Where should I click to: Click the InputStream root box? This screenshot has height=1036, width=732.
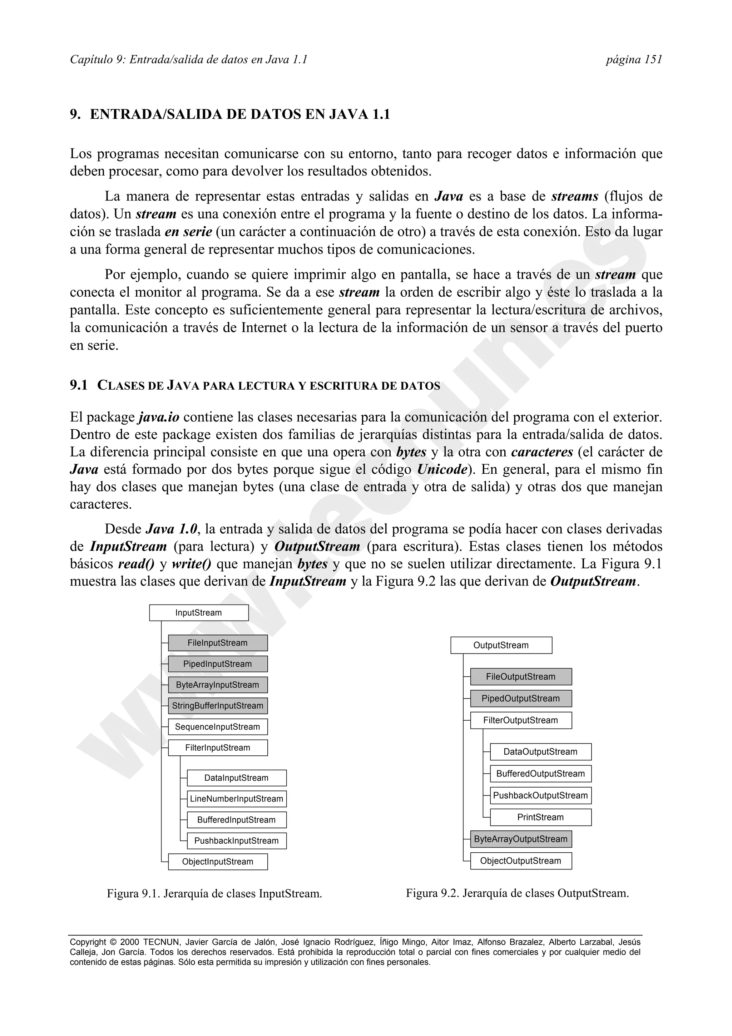tap(199, 613)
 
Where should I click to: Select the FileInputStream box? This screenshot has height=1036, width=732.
tap(218, 643)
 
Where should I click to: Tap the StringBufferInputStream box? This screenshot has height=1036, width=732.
tap(218, 706)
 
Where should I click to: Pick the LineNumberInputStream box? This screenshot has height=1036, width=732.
tap(237, 799)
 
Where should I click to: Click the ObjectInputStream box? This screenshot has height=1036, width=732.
tap(218, 862)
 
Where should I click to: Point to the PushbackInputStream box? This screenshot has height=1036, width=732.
tap(237, 840)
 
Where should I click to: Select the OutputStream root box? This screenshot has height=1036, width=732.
tap(501, 645)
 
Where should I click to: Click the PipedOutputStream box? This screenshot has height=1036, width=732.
tap(521, 699)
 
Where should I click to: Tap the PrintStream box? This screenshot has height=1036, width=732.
tap(541, 817)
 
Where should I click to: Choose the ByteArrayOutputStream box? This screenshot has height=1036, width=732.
tap(521, 839)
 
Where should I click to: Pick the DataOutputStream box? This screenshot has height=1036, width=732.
tap(541, 752)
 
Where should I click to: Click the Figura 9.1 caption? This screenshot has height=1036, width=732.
tap(214, 893)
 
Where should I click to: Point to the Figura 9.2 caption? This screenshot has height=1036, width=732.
tap(517, 893)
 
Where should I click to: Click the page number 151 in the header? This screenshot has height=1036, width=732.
tap(653, 60)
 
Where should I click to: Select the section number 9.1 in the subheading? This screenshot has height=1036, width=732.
tap(79, 385)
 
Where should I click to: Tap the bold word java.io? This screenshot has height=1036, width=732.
tap(159, 418)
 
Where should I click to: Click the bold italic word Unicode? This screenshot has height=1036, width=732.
tap(442, 470)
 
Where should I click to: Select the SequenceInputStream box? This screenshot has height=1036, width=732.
tap(218, 727)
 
